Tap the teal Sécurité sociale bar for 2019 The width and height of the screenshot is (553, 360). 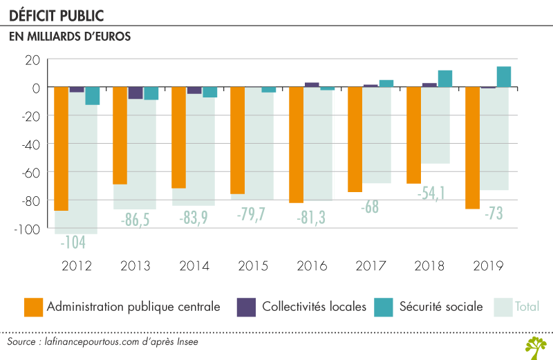point(504,77)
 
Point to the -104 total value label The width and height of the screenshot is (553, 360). point(73,243)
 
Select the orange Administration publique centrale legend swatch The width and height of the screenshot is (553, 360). point(32,306)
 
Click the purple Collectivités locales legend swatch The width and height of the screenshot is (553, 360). point(245,306)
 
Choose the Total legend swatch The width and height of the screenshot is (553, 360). point(504,306)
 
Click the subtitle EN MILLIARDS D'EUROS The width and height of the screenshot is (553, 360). point(70,37)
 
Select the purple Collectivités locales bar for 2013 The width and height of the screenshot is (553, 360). point(135,93)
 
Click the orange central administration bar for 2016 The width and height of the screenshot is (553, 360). point(297,145)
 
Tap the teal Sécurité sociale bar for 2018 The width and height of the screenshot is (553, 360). point(445,79)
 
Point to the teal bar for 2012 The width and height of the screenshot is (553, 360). point(92,96)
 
